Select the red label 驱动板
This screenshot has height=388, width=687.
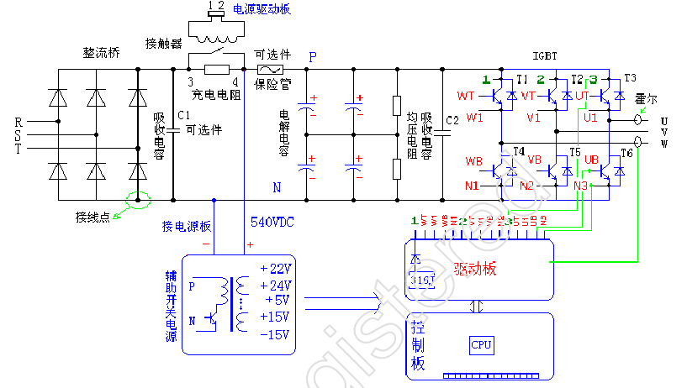coord(475,270)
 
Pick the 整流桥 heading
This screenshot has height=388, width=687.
coord(101,52)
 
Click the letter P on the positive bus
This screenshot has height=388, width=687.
coord(313,57)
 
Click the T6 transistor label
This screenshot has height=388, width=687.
coord(626,154)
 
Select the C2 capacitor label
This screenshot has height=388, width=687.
coord(452,118)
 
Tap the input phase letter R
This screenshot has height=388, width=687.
coord(18,122)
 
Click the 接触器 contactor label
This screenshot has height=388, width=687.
coord(163,43)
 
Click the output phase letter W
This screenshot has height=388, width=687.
coord(664,144)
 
